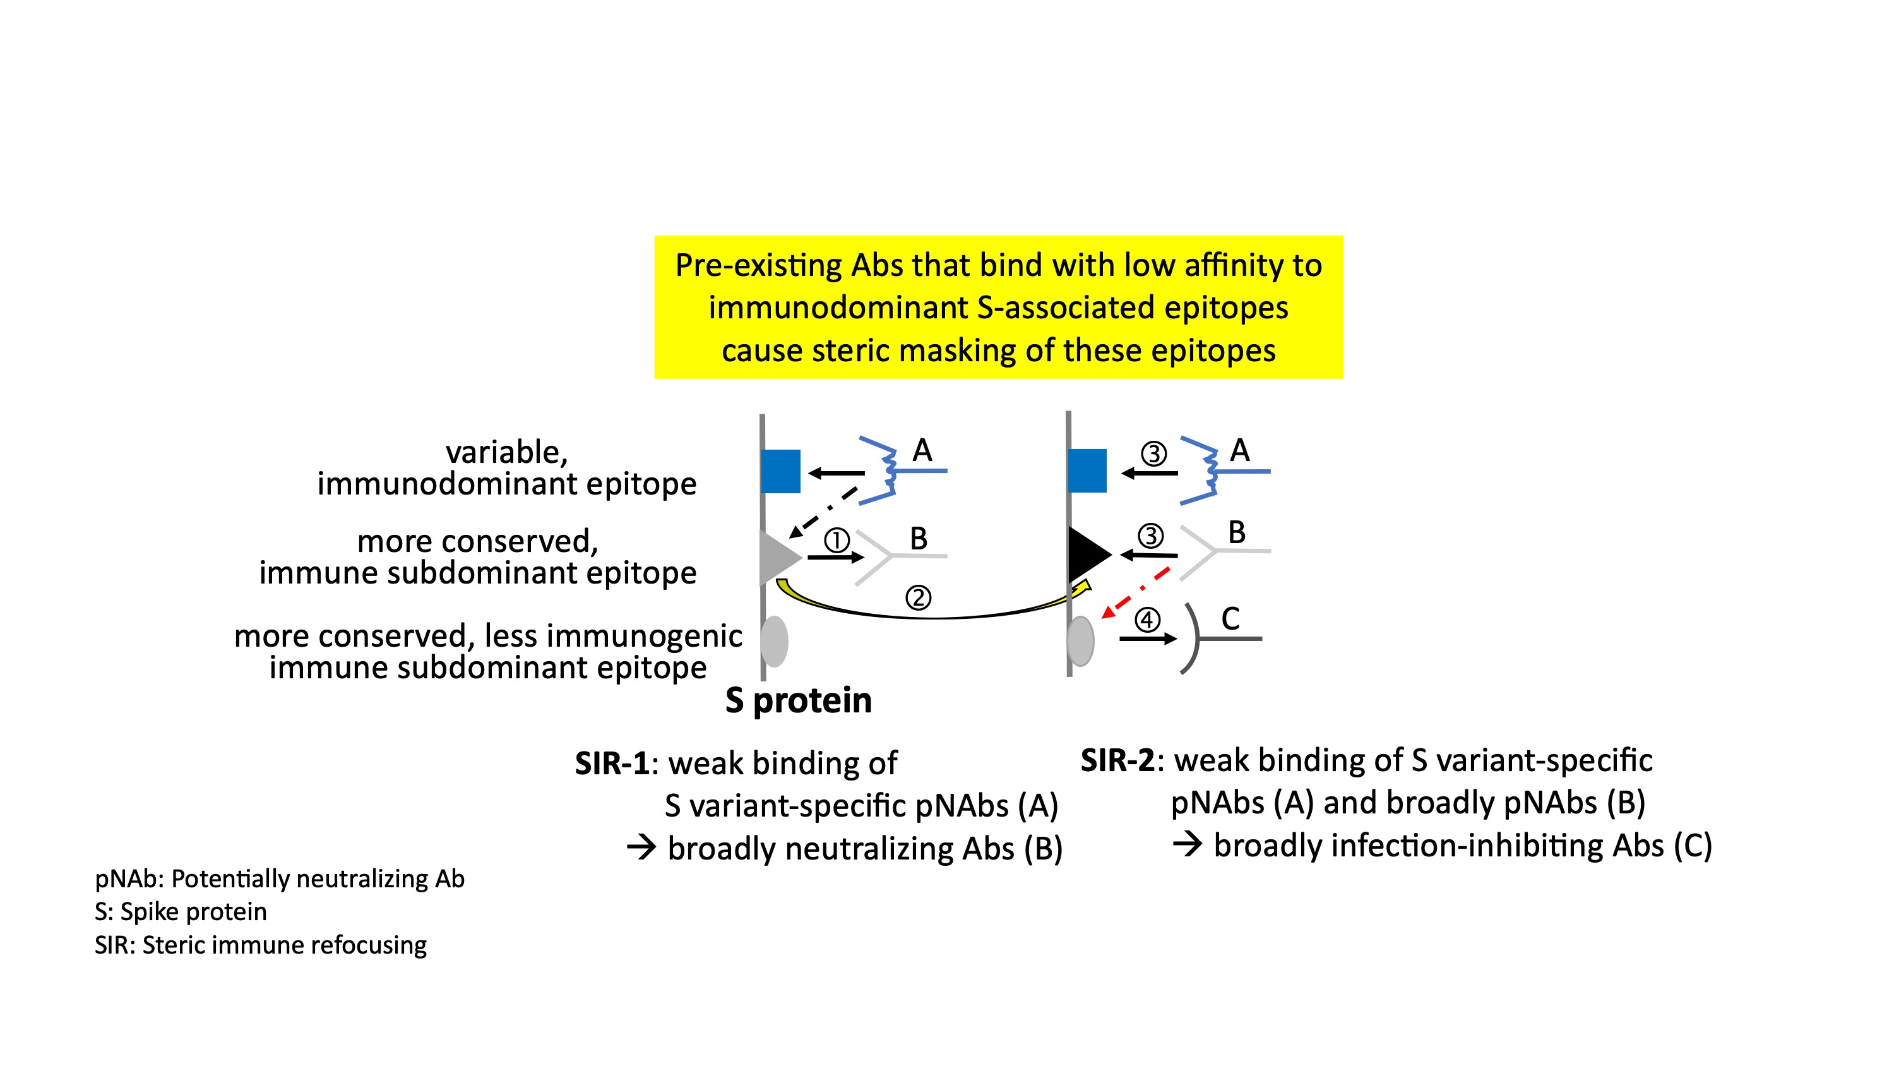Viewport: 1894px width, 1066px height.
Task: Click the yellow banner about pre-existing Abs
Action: [x=998, y=307]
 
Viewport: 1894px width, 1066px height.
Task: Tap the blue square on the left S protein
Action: [x=781, y=471]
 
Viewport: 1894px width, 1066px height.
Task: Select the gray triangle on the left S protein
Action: [x=777, y=556]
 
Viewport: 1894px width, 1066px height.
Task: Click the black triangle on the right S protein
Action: [x=1086, y=554]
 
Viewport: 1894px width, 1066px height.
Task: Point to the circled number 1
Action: [x=836, y=541]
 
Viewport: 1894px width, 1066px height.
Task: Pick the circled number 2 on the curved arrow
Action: [x=917, y=597]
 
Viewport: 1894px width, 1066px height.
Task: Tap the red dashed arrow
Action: [x=1136, y=592]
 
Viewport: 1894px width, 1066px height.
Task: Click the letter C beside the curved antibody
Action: [x=1230, y=619]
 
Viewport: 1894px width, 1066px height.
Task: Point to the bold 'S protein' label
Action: [x=799, y=700]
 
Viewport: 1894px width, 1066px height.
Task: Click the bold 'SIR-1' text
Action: [x=612, y=764]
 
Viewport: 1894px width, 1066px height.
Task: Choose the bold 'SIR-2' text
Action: [x=1117, y=760]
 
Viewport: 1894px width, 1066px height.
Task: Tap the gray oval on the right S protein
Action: [x=1081, y=641]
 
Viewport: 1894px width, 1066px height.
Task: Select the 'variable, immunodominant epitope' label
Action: [x=506, y=467]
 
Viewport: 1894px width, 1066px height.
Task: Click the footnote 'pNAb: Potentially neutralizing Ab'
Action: [x=280, y=878]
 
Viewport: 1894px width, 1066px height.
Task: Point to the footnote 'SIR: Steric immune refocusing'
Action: [x=260, y=945]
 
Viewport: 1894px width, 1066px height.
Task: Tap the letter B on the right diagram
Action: [x=1237, y=532]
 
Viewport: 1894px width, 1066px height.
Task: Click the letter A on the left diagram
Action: [x=922, y=450]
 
